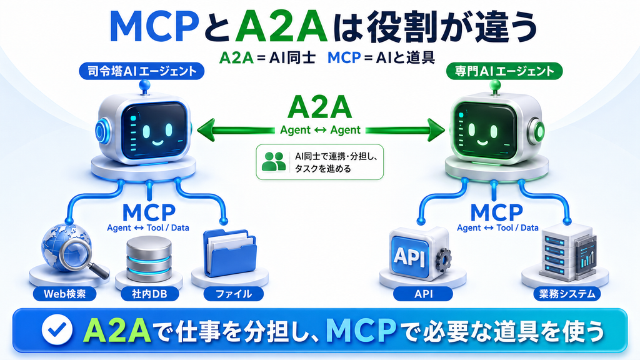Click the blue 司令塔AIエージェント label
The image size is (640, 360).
(x=141, y=71)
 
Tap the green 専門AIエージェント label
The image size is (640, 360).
(x=504, y=71)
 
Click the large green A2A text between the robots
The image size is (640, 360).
(x=319, y=107)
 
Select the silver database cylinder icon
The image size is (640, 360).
(x=149, y=259)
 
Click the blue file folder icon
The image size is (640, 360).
(x=229, y=253)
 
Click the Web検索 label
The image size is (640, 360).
(x=64, y=294)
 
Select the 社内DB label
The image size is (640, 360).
(x=150, y=294)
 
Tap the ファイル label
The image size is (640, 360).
(x=234, y=294)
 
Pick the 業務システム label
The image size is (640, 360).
(x=567, y=294)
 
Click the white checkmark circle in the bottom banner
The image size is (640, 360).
(x=57, y=330)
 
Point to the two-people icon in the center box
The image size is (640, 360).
(x=274, y=161)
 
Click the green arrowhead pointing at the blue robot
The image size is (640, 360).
(x=206, y=130)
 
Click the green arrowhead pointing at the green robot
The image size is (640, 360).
(x=436, y=130)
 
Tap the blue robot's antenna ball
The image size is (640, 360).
(x=144, y=85)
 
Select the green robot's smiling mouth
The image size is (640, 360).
(x=482, y=143)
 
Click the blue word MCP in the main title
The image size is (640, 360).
(x=154, y=27)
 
